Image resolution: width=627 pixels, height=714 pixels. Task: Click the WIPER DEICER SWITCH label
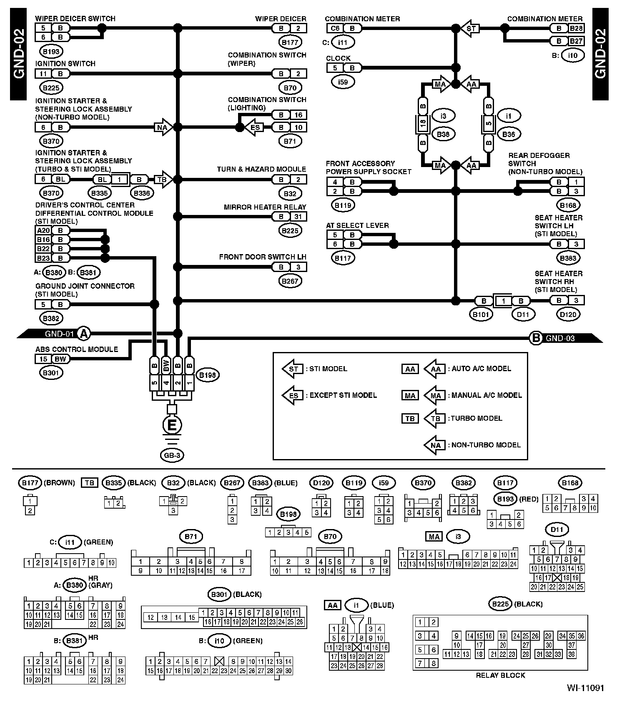pyautogui.click(x=75, y=19)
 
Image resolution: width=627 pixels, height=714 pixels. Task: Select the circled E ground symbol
pyautogui.click(x=172, y=425)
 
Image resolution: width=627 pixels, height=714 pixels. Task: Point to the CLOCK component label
pyautogui.click(x=338, y=58)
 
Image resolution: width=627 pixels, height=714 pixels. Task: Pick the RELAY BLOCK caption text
pyautogui.click(x=500, y=675)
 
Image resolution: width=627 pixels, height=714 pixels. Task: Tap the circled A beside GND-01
pyautogui.click(x=85, y=333)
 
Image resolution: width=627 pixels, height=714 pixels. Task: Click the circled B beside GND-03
pyautogui.click(x=535, y=338)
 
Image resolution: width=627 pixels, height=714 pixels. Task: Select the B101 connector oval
pyautogui.click(x=481, y=315)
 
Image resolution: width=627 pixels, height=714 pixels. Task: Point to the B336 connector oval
pyautogui.click(x=140, y=193)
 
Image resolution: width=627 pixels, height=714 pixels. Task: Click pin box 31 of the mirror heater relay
pyautogui.click(x=298, y=217)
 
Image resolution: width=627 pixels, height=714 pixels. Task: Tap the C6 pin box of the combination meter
pyautogui.click(x=335, y=28)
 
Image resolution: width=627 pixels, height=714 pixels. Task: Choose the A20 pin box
pyautogui.click(x=43, y=230)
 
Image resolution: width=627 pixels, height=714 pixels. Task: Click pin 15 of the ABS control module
pyautogui.click(x=43, y=359)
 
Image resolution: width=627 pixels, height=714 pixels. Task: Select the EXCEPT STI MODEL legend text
pyautogui.click(x=343, y=395)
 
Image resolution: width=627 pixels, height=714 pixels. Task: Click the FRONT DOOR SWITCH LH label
pyautogui.click(x=263, y=257)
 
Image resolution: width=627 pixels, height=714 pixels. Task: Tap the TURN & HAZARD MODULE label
pyautogui.click(x=261, y=170)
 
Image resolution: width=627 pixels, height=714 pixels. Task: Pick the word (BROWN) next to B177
pyautogui.click(x=59, y=483)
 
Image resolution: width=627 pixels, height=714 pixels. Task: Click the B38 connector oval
pyautogui.click(x=443, y=134)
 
